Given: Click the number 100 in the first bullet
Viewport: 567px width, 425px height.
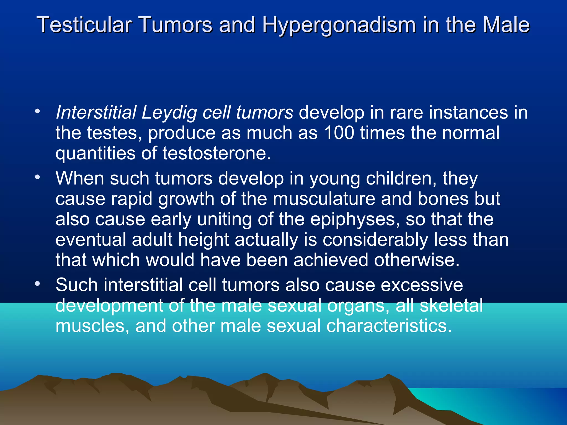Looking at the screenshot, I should [339, 133].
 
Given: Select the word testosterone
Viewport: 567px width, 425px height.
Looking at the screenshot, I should [216, 153].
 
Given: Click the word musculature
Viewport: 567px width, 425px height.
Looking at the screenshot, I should [324, 199].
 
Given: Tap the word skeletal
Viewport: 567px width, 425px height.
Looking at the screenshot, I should [452, 305].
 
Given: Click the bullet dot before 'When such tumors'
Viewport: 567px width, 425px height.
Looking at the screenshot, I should [38, 177].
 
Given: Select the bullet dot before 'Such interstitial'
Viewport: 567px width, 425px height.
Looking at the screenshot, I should [38, 284].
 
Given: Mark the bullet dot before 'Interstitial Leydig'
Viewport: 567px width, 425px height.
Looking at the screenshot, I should [38, 112].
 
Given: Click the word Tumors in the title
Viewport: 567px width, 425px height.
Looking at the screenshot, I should [176, 25].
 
